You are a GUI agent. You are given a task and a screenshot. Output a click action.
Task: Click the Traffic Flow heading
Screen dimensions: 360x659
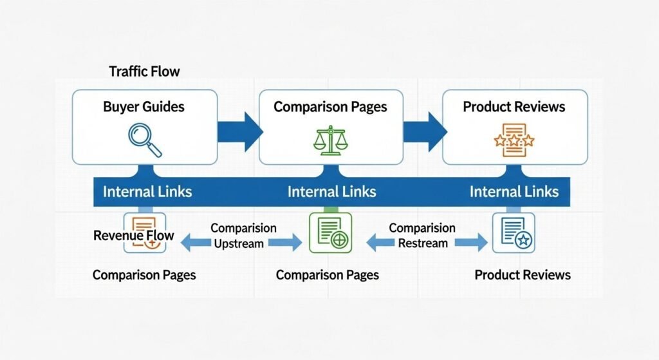144,71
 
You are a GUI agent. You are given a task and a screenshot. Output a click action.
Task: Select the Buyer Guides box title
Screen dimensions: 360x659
144,106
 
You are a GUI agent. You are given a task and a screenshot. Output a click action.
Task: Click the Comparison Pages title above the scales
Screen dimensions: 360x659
330,106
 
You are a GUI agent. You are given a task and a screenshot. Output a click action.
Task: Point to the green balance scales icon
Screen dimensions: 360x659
329,140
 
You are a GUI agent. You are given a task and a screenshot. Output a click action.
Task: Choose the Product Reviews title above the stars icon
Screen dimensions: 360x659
514,106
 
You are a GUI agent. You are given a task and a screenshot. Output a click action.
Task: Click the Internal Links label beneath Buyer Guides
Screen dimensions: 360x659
147,191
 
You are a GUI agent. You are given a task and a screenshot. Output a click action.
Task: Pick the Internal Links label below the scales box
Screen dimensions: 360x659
331,191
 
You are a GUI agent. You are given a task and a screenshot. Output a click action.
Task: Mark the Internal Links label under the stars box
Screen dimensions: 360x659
514,191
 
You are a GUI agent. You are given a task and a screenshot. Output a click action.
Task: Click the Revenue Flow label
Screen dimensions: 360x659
134,235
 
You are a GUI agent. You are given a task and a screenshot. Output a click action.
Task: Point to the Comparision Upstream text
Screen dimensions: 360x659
243,236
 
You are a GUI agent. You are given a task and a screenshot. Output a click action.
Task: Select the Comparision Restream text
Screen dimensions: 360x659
422,236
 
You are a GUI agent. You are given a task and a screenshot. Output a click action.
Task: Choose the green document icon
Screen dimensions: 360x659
330,232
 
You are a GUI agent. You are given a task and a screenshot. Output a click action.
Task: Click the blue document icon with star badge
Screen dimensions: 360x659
514,232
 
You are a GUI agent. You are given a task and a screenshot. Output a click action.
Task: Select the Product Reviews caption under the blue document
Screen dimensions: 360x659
522,275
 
